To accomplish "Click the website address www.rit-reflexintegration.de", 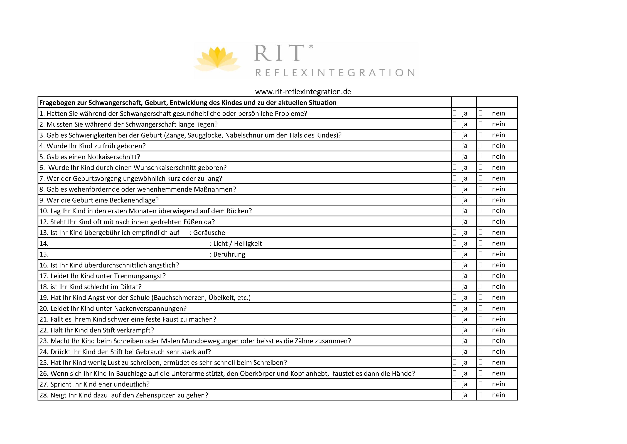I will pos(303,92).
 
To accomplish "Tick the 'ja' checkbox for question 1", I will pos(454,113).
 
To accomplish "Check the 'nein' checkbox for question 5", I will pos(480,156).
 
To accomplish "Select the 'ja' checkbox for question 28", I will pos(454,395).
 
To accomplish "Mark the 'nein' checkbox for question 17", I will pos(480,275).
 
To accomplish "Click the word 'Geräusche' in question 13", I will pos(209,233).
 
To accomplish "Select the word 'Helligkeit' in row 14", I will pos(248,244).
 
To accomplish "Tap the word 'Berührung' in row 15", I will pos(229,254).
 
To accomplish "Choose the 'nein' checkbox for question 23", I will pos(480,340).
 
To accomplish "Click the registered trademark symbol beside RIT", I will pos(311,47).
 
